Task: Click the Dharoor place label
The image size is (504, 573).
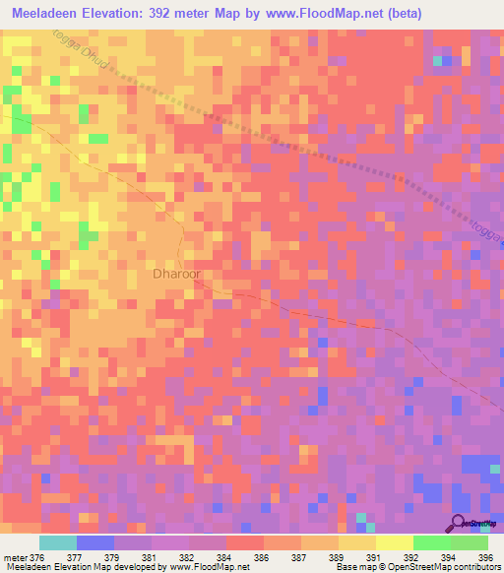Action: (178, 276)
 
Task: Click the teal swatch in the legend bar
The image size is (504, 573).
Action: (57, 542)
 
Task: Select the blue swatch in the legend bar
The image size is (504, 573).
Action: (94, 542)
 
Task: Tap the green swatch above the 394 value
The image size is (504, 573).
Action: (431, 542)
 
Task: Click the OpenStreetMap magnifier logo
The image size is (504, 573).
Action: (460, 523)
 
